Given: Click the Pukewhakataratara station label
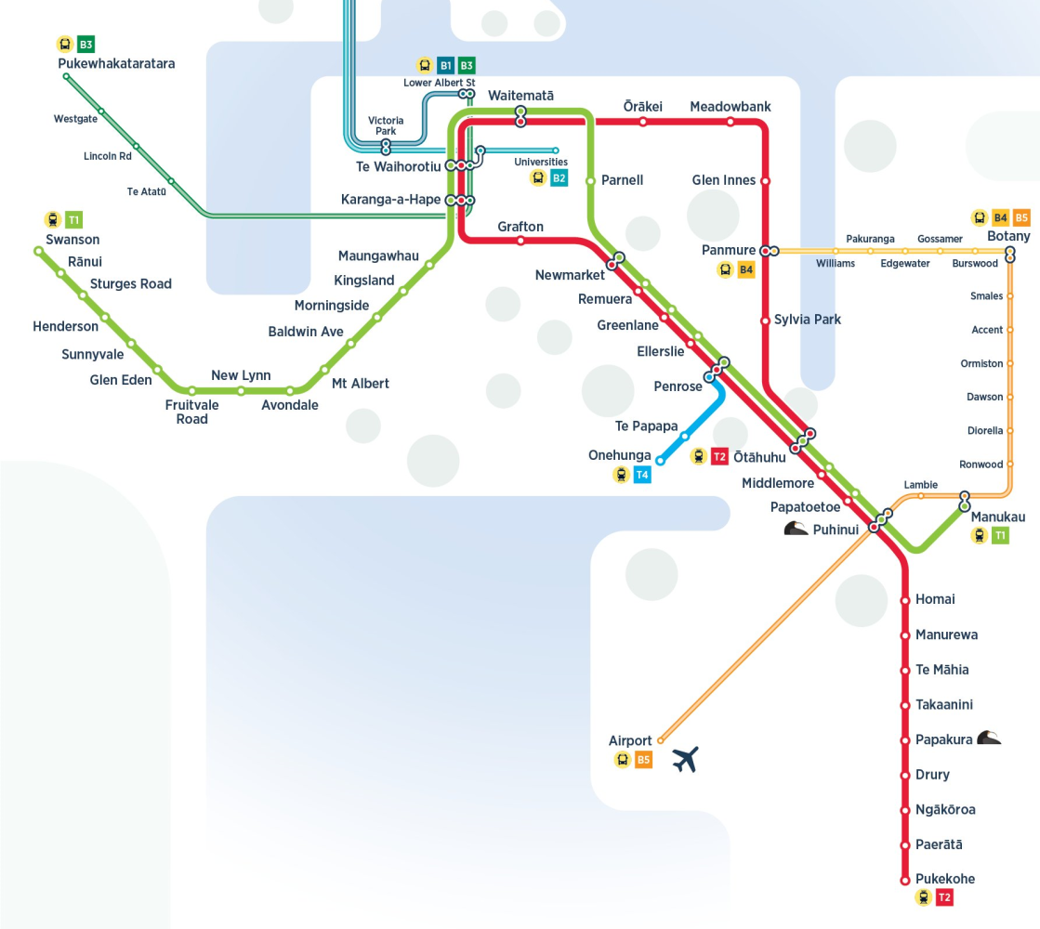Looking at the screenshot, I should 116,64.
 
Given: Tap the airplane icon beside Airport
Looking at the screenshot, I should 684,759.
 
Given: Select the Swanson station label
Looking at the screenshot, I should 72,240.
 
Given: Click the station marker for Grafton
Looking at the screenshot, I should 520,241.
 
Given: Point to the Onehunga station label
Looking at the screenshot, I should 620,455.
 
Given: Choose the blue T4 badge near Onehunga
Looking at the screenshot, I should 642,476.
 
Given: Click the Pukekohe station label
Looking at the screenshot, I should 945,879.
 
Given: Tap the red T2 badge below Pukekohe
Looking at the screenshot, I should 944,897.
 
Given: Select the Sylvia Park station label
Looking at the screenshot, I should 809,320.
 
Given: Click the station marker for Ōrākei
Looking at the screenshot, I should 643,122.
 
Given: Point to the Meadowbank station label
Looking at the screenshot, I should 731,107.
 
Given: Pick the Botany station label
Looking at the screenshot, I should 1008,236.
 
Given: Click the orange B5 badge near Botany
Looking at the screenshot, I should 1021,218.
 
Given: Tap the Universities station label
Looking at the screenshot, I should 541,162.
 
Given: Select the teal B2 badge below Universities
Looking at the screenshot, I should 559,178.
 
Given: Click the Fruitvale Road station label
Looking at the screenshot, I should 192,412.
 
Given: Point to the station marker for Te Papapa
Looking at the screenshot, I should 685,436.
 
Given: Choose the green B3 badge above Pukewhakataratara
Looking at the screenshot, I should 86,44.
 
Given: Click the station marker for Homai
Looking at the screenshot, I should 905,600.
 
